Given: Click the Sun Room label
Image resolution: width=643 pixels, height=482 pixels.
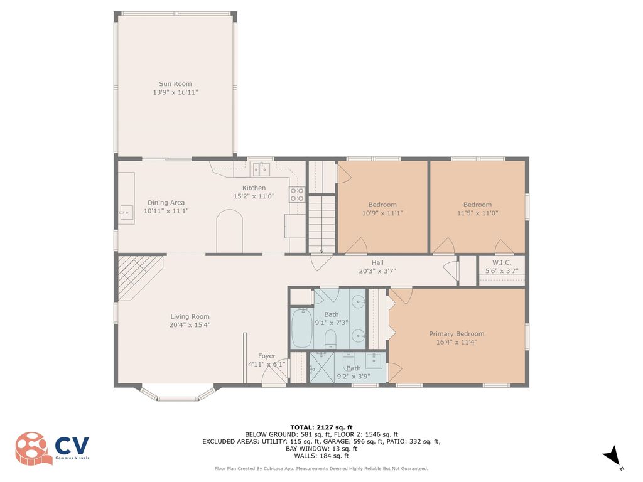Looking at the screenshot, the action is click(x=175, y=84).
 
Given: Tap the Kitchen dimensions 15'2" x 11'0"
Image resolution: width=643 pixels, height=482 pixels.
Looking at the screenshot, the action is click(x=254, y=196).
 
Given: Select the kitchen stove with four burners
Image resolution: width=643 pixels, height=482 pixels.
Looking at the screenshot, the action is click(x=297, y=195).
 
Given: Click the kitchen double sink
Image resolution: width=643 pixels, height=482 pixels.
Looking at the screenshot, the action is click(x=261, y=169).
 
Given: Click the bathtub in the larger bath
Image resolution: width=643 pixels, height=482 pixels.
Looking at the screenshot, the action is click(x=302, y=328).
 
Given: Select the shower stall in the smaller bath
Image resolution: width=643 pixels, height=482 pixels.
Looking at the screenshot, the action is click(x=322, y=368).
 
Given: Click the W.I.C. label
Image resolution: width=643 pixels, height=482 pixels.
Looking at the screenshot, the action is click(x=502, y=263).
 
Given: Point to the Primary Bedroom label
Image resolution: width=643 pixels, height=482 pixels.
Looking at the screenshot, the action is click(x=457, y=334).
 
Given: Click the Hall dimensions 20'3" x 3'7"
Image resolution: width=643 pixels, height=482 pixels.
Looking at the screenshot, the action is click(x=377, y=271).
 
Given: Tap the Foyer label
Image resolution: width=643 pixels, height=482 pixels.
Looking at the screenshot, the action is click(x=266, y=356).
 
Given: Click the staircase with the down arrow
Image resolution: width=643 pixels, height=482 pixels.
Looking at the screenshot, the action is click(x=322, y=225).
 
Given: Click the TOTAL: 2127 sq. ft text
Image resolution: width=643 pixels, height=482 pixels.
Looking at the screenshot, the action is click(x=321, y=427).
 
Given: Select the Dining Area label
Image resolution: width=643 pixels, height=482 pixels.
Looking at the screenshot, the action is click(x=166, y=203).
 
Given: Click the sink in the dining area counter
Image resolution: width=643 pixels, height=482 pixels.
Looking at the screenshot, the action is click(x=126, y=212).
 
